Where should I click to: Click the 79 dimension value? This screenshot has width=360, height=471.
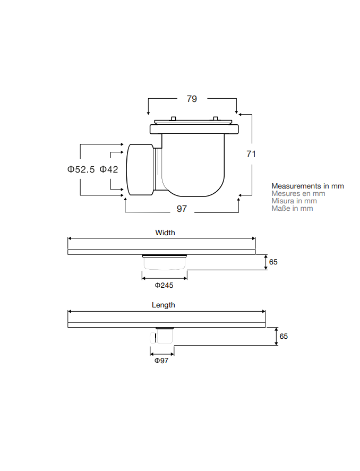[192, 99]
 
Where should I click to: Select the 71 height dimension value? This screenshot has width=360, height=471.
[251, 154]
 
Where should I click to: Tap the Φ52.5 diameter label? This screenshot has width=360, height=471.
[81, 169]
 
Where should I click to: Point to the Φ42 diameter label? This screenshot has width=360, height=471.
[109, 169]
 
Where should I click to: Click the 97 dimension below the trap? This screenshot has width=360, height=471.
[182, 209]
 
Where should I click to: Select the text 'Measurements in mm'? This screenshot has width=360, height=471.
[308, 186]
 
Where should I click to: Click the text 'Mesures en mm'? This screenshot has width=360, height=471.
[298, 193]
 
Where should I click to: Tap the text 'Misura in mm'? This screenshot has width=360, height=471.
[294, 201]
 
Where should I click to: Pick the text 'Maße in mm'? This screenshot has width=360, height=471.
[292, 209]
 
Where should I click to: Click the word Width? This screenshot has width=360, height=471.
[165, 233]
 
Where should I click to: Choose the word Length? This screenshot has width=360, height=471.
[164, 305]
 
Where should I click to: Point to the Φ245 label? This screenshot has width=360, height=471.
[164, 285]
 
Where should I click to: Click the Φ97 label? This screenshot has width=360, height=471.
[161, 361]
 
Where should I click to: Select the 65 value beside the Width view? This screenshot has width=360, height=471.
[273, 262]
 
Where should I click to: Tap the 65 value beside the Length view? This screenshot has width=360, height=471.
[284, 336]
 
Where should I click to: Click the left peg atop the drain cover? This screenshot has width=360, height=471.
[173, 118]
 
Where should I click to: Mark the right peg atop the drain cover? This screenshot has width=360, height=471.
[215, 118]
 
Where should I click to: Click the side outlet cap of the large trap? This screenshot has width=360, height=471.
[140, 170]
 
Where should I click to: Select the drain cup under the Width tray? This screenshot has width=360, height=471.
[164, 262]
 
